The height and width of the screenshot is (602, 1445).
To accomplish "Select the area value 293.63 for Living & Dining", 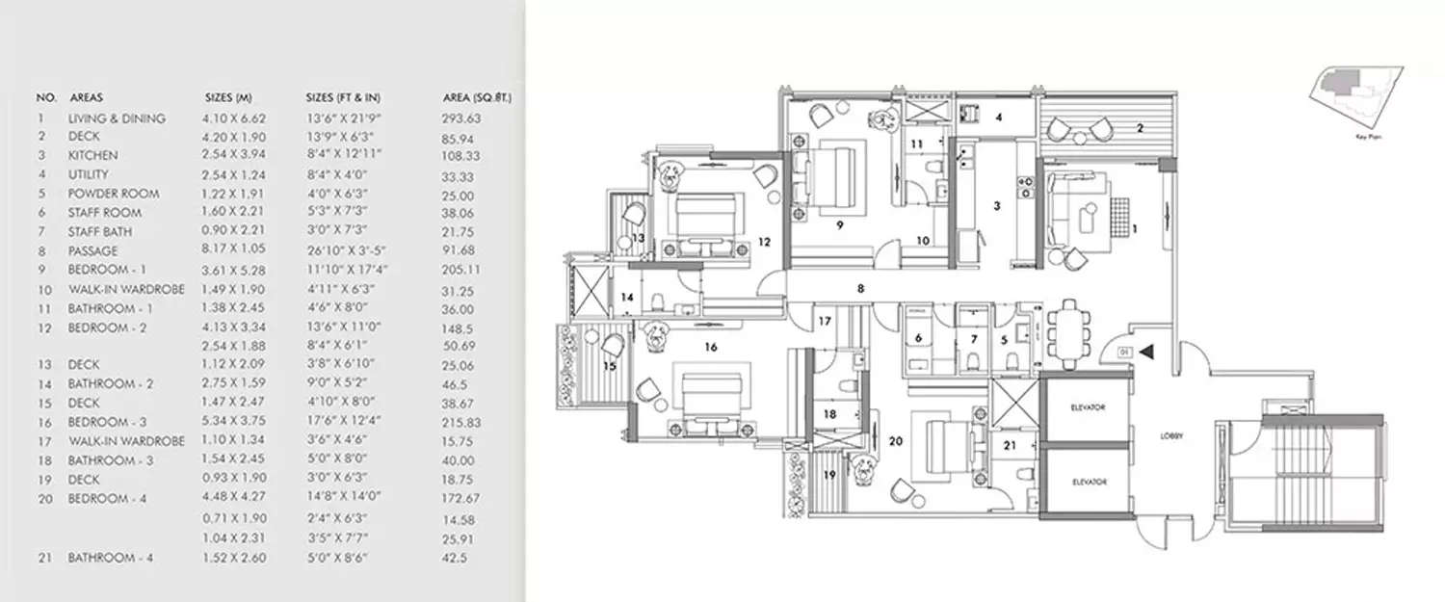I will point(460,118).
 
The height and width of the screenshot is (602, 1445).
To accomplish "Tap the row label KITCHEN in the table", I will point(93,155).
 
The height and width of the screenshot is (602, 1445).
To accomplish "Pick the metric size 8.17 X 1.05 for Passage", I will point(232,250).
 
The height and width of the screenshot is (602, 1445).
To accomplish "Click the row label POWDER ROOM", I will point(114,194).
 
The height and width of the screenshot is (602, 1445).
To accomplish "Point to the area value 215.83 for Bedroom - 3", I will point(460,422).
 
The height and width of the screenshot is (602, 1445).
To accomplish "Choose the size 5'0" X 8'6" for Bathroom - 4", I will point(334,559).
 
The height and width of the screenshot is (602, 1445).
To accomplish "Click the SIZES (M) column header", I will point(229,98).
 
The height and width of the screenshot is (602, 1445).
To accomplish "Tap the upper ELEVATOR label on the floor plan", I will point(1087,407).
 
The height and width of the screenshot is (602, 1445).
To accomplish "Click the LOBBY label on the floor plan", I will point(1171,436).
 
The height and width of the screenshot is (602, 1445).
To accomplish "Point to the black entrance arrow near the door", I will point(1146,353).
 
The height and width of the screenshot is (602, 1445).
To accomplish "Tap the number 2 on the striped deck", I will point(1140,126).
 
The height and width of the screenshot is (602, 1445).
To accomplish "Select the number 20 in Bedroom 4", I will point(895,442).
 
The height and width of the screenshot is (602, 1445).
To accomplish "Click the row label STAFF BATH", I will point(108,231).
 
